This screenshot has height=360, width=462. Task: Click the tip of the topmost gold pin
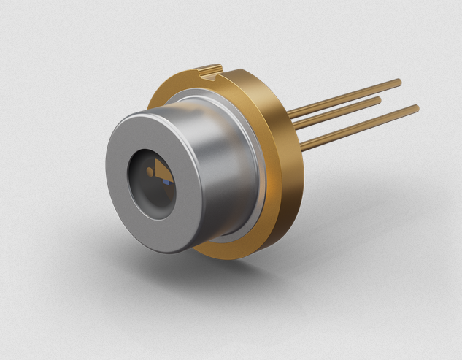[x=399, y=82]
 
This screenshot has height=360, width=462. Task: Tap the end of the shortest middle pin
[x=378, y=99]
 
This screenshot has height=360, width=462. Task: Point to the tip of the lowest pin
[x=416, y=109]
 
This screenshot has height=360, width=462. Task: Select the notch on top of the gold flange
[x=211, y=71]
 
